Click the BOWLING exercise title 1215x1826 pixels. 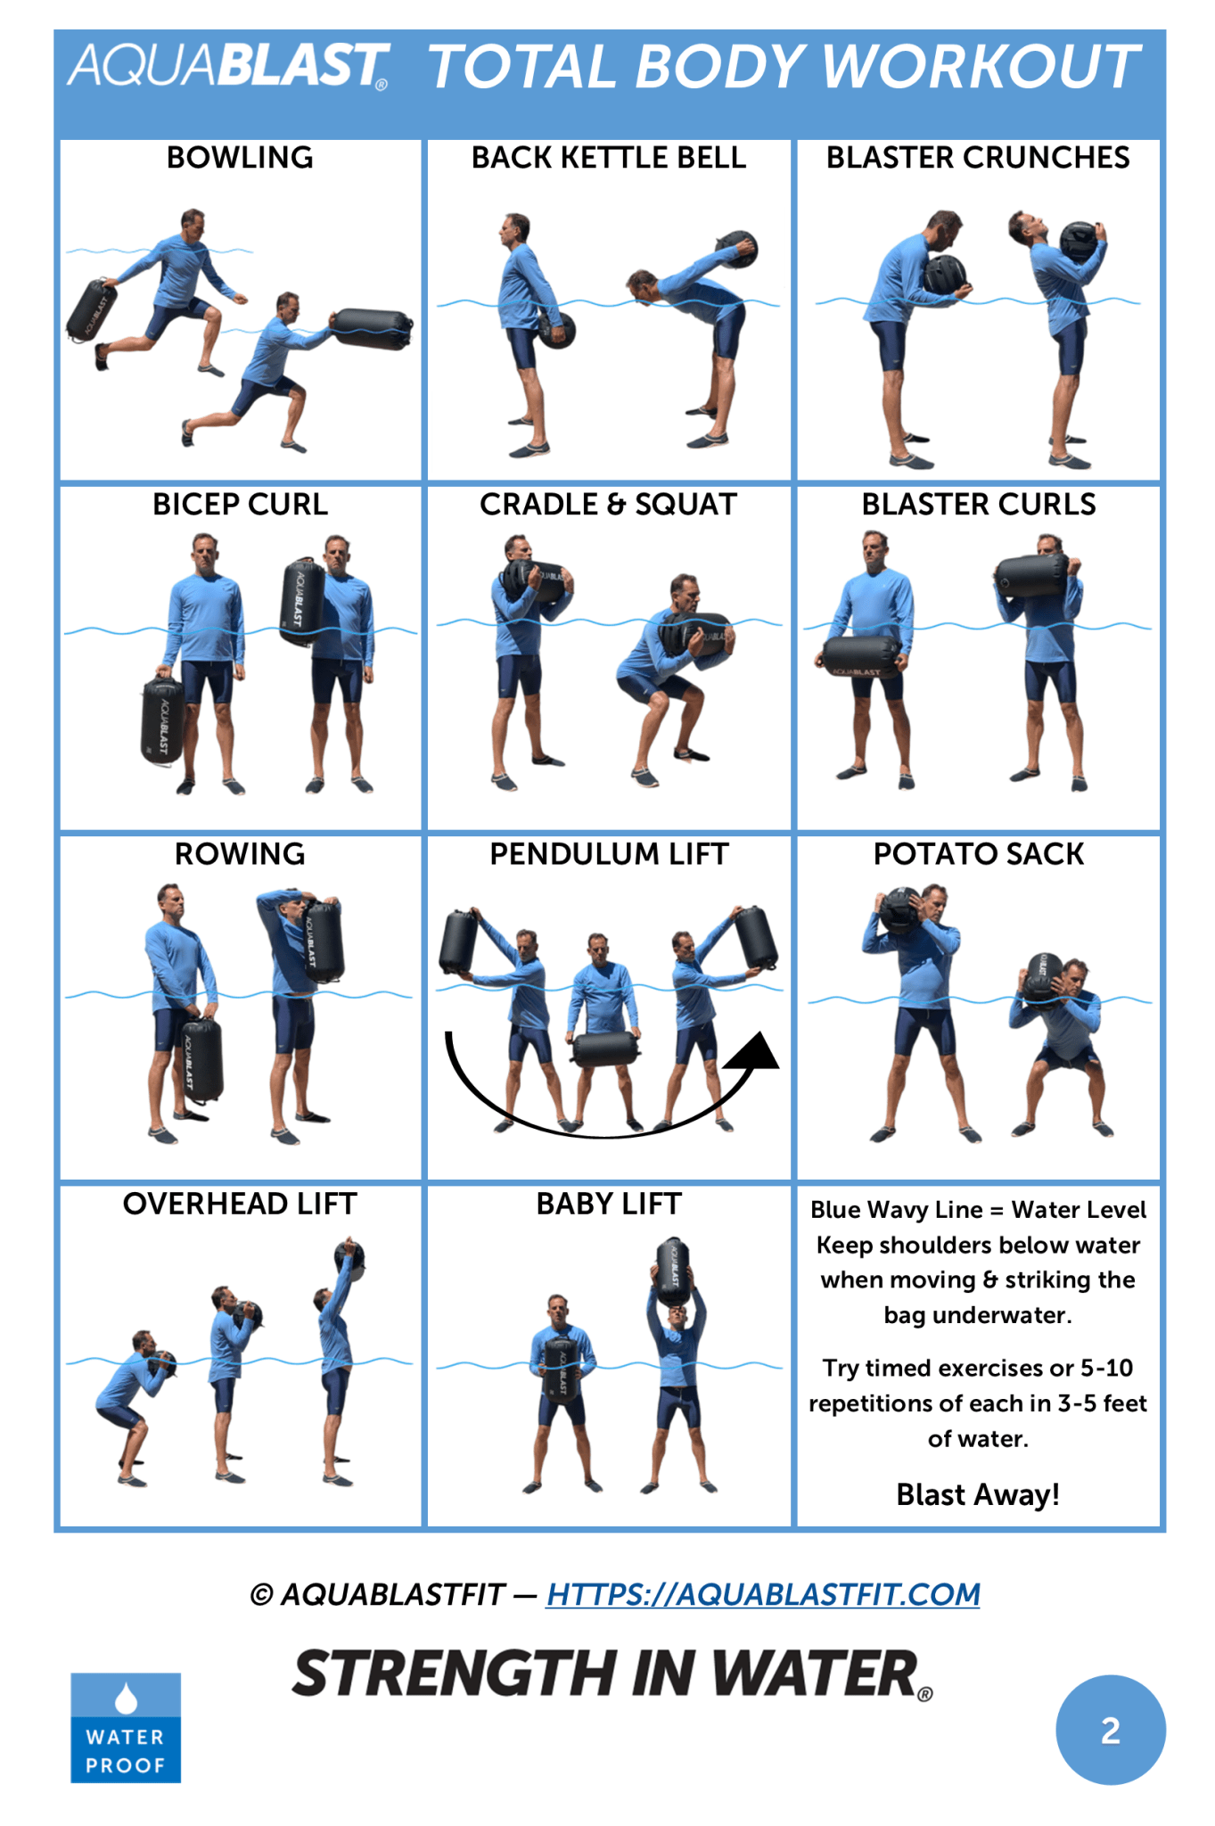tap(240, 158)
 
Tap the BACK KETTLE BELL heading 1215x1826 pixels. tap(609, 158)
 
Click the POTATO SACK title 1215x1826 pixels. tap(978, 854)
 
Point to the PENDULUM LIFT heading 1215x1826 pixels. tap(609, 854)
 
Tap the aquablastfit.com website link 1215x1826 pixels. tap(763, 1593)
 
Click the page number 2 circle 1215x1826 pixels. tap(1110, 1730)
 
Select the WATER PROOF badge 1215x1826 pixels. tap(126, 1727)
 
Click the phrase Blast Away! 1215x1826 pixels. tap(978, 1494)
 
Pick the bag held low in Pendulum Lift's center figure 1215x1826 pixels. tap(606, 1049)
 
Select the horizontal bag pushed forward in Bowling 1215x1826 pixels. tap(372, 328)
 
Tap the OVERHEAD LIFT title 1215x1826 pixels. tap(240, 1204)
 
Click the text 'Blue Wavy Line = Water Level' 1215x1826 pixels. tap(978, 1210)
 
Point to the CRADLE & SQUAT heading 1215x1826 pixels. tap(609, 505)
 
